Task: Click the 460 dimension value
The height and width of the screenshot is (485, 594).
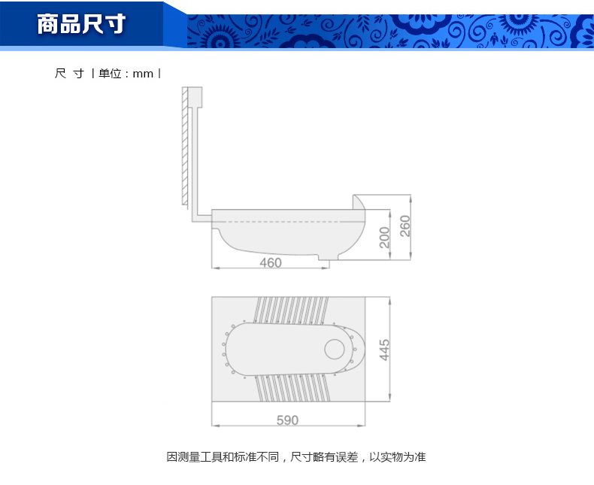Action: tap(271, 262)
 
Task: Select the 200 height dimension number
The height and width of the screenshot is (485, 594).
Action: tap(384, 238)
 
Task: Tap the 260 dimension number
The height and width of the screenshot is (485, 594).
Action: tap(405, 226)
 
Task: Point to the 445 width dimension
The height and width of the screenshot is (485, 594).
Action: tap(384, 350)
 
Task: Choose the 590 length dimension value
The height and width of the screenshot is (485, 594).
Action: tap(287, 420)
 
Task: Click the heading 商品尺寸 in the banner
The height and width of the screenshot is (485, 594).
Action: tap(81, 24)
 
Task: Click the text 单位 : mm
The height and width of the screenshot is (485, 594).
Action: tap(126, 74)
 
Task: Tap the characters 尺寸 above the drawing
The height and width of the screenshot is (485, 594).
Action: tap(69, 74)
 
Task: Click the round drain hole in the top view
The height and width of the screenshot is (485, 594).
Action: tap(335, 349)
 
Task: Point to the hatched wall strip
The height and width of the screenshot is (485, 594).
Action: tap(184, 147)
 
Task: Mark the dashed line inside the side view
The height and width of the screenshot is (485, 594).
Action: tap(288, 222)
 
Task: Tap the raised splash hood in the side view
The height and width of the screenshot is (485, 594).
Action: tap(358, 202)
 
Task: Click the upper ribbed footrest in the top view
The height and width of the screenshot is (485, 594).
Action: tap(291, 311)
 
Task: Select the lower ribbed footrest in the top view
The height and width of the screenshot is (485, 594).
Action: tap(292, 387)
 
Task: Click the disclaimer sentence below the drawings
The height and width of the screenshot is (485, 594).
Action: tap(296, 457)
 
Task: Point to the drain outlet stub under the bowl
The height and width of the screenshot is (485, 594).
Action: tap(329, 258)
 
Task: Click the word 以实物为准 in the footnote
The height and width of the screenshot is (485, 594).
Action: tap(398, 457)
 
